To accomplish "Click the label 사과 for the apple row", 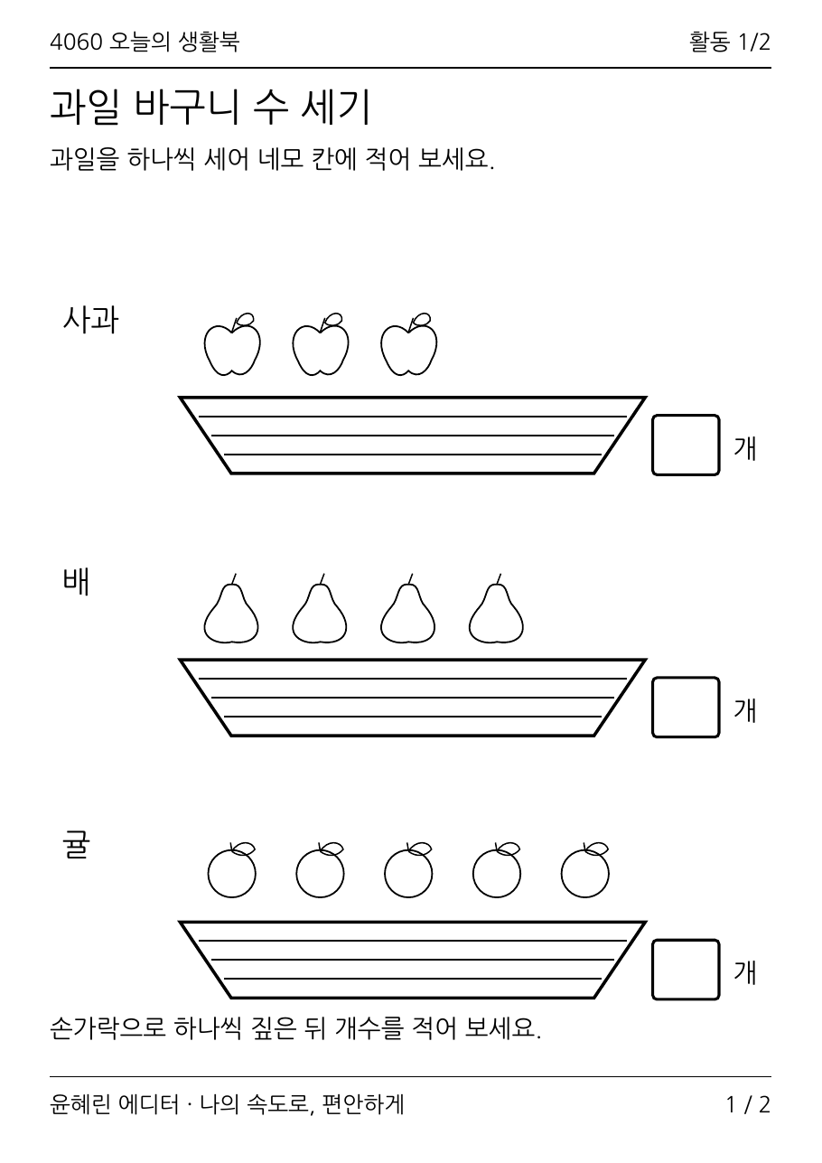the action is click(x=91, y=319).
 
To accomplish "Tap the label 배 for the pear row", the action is click(x=76, y=581).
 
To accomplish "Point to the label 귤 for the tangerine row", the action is click(x=76, y=844).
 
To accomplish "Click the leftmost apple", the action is click(x=232, y=345).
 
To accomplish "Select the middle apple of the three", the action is click(x=320, y=345).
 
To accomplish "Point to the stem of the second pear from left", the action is click(x=322, y=578).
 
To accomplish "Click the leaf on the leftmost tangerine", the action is click(x=243, y=849).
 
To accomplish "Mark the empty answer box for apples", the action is click(x=686, y=445).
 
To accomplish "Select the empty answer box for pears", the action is click(x=686, y=708).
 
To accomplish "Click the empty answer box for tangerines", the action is click(x=686, y=970).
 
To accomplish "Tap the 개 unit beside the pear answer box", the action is click(x=745, y=709).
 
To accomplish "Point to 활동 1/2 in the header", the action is click(x=730, y=42).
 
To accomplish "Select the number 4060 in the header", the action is click(x=76, y=42).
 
